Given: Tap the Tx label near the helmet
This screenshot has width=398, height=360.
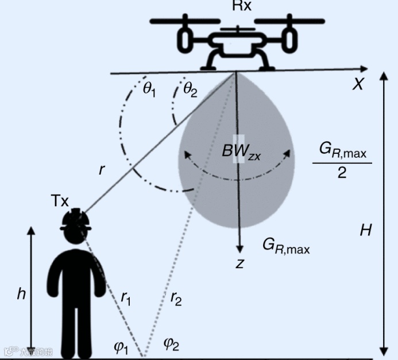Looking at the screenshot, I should [x=59, y=201].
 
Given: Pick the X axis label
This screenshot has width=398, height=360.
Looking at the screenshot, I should [x=358, y=84].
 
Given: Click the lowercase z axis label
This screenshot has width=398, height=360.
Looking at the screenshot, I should [x=240, y=264].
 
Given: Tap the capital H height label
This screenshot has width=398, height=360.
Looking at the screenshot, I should [x=365, y=231].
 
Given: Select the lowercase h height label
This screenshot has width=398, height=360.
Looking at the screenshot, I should [x=21, y=293].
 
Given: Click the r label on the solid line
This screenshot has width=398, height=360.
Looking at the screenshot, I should [x=102, y=170].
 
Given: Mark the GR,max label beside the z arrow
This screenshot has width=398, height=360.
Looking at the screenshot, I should [x=286, y=245].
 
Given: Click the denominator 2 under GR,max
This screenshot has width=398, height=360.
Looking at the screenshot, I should [x=342, y=172].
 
